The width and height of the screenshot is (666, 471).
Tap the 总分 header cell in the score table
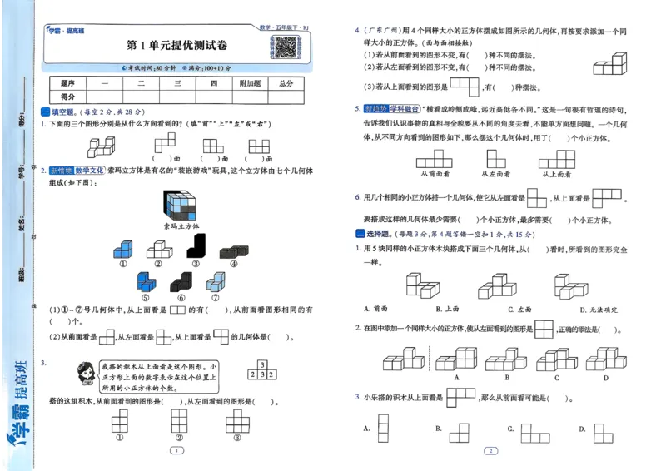coord(286,83)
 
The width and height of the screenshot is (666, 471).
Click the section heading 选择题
coord(380,235)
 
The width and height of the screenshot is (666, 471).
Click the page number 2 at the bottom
coord(491,451)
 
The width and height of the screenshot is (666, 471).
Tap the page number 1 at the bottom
coord(176,451)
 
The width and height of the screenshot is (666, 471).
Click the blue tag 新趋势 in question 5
coord(375,108)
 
